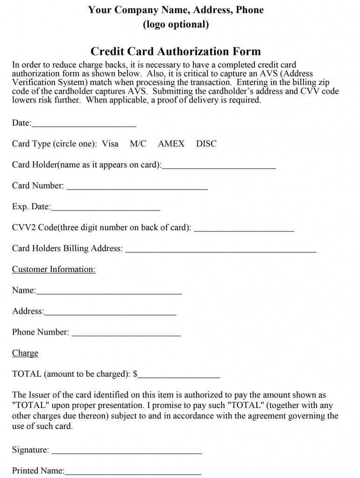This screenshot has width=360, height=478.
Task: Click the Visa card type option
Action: (x=110, y=144)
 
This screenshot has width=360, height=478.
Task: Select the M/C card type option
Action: (x=138, y=144)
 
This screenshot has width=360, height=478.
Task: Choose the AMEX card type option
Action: (x=171, y=144)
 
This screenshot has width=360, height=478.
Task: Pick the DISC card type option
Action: (x=206, y=144)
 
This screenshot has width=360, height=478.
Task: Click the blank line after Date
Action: (x=84, y=125)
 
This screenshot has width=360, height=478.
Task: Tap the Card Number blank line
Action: (x=137, y=188)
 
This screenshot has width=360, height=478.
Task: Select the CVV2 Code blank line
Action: (x=244, y=230)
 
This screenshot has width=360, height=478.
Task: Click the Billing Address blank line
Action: (x=221, y=251)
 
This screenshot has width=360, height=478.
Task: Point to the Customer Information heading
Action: (x=54, y=269)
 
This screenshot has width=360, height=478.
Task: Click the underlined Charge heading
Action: (x=25, y=353)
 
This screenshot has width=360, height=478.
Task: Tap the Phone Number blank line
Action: (x=127, y=334)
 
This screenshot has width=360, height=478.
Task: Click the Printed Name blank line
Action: (x=133, y=473)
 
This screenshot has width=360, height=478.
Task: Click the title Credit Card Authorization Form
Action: (x=176, y=51)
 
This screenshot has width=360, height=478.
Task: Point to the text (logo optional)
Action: (x=176, y=25)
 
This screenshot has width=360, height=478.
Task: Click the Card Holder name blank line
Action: (x=219, y=167)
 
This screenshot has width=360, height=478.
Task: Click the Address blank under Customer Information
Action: (x=110, y=313)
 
